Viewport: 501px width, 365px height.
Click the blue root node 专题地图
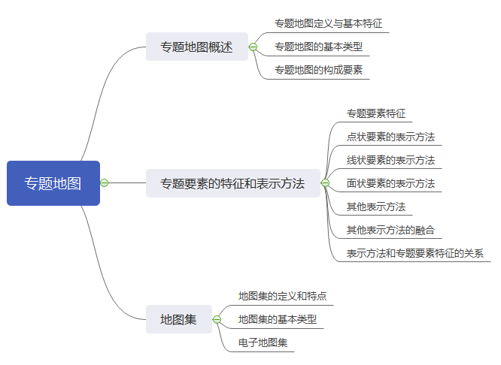53,182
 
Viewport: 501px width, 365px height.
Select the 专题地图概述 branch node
196,47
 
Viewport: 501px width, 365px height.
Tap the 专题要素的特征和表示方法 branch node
232,182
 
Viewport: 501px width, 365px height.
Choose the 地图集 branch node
178,319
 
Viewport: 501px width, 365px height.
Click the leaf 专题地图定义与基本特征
323,24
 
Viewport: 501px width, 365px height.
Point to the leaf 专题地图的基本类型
318,47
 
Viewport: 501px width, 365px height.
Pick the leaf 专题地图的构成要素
318,70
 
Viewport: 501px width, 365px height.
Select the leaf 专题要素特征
376,114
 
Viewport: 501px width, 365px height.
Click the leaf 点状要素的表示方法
390,137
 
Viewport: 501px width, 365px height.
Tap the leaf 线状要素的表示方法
390,160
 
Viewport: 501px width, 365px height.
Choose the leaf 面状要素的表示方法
390,183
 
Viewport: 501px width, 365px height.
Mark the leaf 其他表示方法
376,207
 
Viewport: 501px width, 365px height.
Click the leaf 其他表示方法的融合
390,230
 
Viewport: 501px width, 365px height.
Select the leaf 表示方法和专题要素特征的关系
415,253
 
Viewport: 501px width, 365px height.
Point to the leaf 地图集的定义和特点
282,296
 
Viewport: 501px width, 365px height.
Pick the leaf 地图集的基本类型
278,319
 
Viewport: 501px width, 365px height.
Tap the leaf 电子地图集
263,342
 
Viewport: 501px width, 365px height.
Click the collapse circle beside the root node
105,182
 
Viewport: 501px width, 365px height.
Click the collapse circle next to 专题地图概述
253,47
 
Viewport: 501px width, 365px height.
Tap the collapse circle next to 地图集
217,319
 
